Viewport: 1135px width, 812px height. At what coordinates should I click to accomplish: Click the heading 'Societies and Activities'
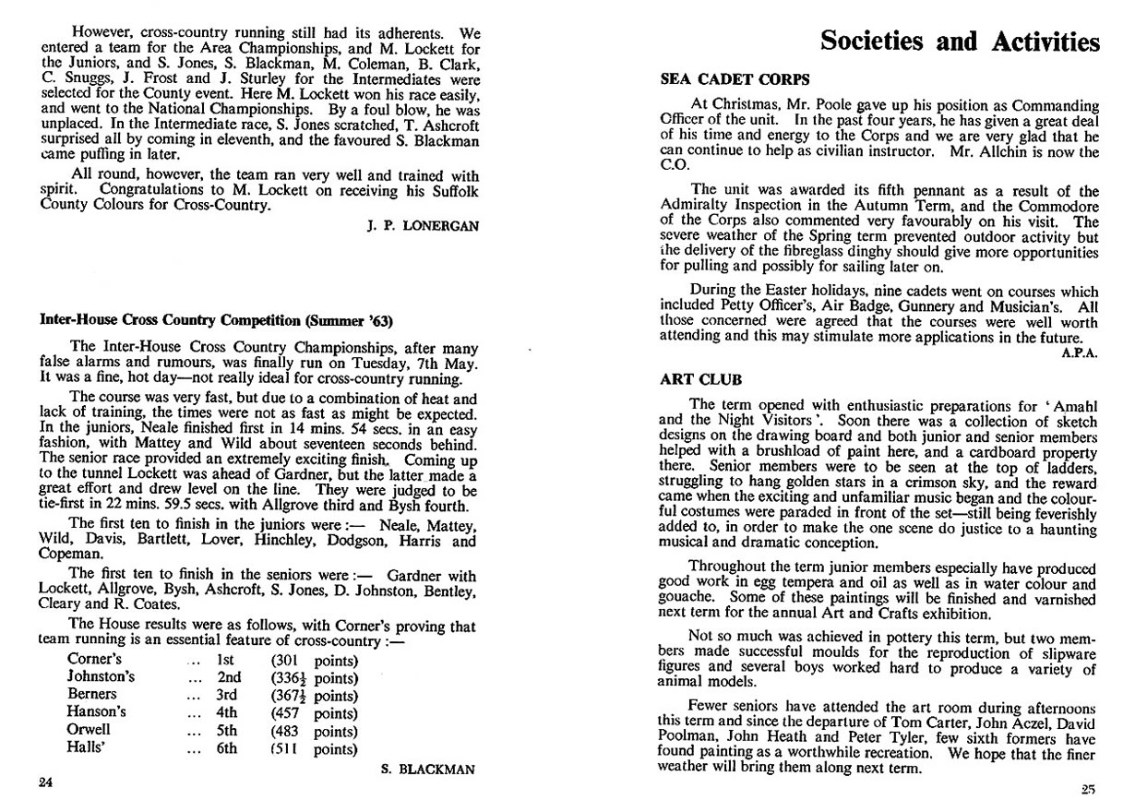[960, 42]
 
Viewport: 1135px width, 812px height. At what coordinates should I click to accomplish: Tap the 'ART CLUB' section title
[694, 379]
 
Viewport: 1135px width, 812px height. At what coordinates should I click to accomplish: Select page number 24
[45, 784]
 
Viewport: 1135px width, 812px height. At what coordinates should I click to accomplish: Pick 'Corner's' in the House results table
[92, 660]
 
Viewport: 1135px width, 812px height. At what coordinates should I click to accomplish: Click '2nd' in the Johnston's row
[229, 677]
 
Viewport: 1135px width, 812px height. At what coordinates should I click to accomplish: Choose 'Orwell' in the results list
[89, 731]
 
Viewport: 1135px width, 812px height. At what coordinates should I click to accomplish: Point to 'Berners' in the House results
[92, 695]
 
